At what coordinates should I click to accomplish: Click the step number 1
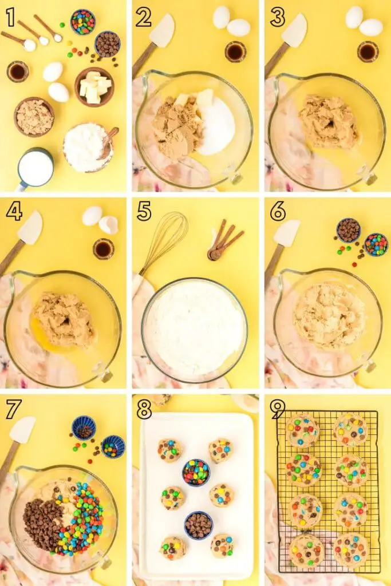tap(10, 17)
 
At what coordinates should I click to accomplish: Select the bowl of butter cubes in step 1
tap(94, 87)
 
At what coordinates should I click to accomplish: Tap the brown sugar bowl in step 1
tap(34, 117)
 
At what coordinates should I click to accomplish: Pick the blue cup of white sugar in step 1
tap(36, 168)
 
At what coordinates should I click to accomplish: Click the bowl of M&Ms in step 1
tap(82, 22)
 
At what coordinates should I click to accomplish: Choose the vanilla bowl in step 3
tap(368, 52)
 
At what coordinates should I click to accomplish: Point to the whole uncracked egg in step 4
tap(92, 216)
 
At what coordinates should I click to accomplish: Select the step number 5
tap(144, 212)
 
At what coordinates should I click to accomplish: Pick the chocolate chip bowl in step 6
tap(349, 230)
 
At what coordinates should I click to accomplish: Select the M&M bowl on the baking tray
tap(196, 472)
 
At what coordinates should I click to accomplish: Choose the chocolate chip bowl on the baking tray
tap(199, 525)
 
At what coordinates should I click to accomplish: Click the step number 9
tap(278, 409)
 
